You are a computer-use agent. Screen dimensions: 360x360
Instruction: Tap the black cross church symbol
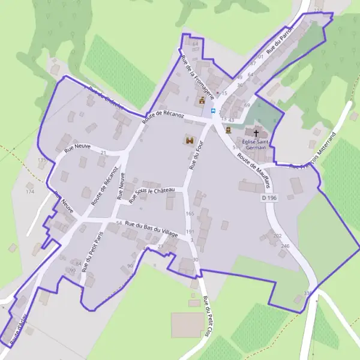click(x=256, y=133)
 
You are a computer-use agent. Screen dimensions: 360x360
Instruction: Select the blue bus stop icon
click(x=212, y=110)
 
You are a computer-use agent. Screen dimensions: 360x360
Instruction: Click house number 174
click(x=30, y=191)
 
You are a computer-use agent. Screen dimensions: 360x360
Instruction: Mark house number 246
click(x=285, y=246)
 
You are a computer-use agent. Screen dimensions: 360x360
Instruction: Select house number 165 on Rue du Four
click(x=190, y=214)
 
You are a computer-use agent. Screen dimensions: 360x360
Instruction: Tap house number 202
click(x=277, y=236)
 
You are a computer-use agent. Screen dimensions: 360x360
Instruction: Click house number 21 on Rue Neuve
click(x=103, y=153)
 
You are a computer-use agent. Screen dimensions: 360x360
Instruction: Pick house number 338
click(x=308, y=293)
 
